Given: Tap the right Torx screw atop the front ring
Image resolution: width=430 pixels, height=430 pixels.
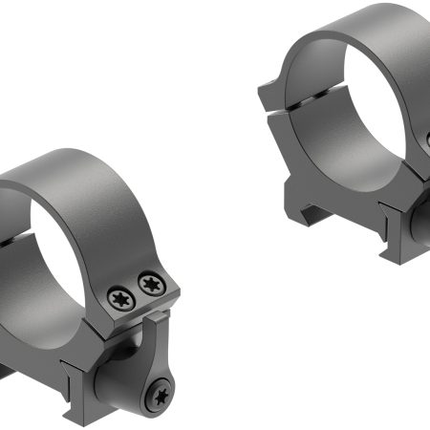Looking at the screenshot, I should click(150, 283).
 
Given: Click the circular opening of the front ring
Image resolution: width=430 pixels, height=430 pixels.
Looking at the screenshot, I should click(72, 239).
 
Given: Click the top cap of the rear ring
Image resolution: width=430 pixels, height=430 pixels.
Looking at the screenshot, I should click(354, 29).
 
